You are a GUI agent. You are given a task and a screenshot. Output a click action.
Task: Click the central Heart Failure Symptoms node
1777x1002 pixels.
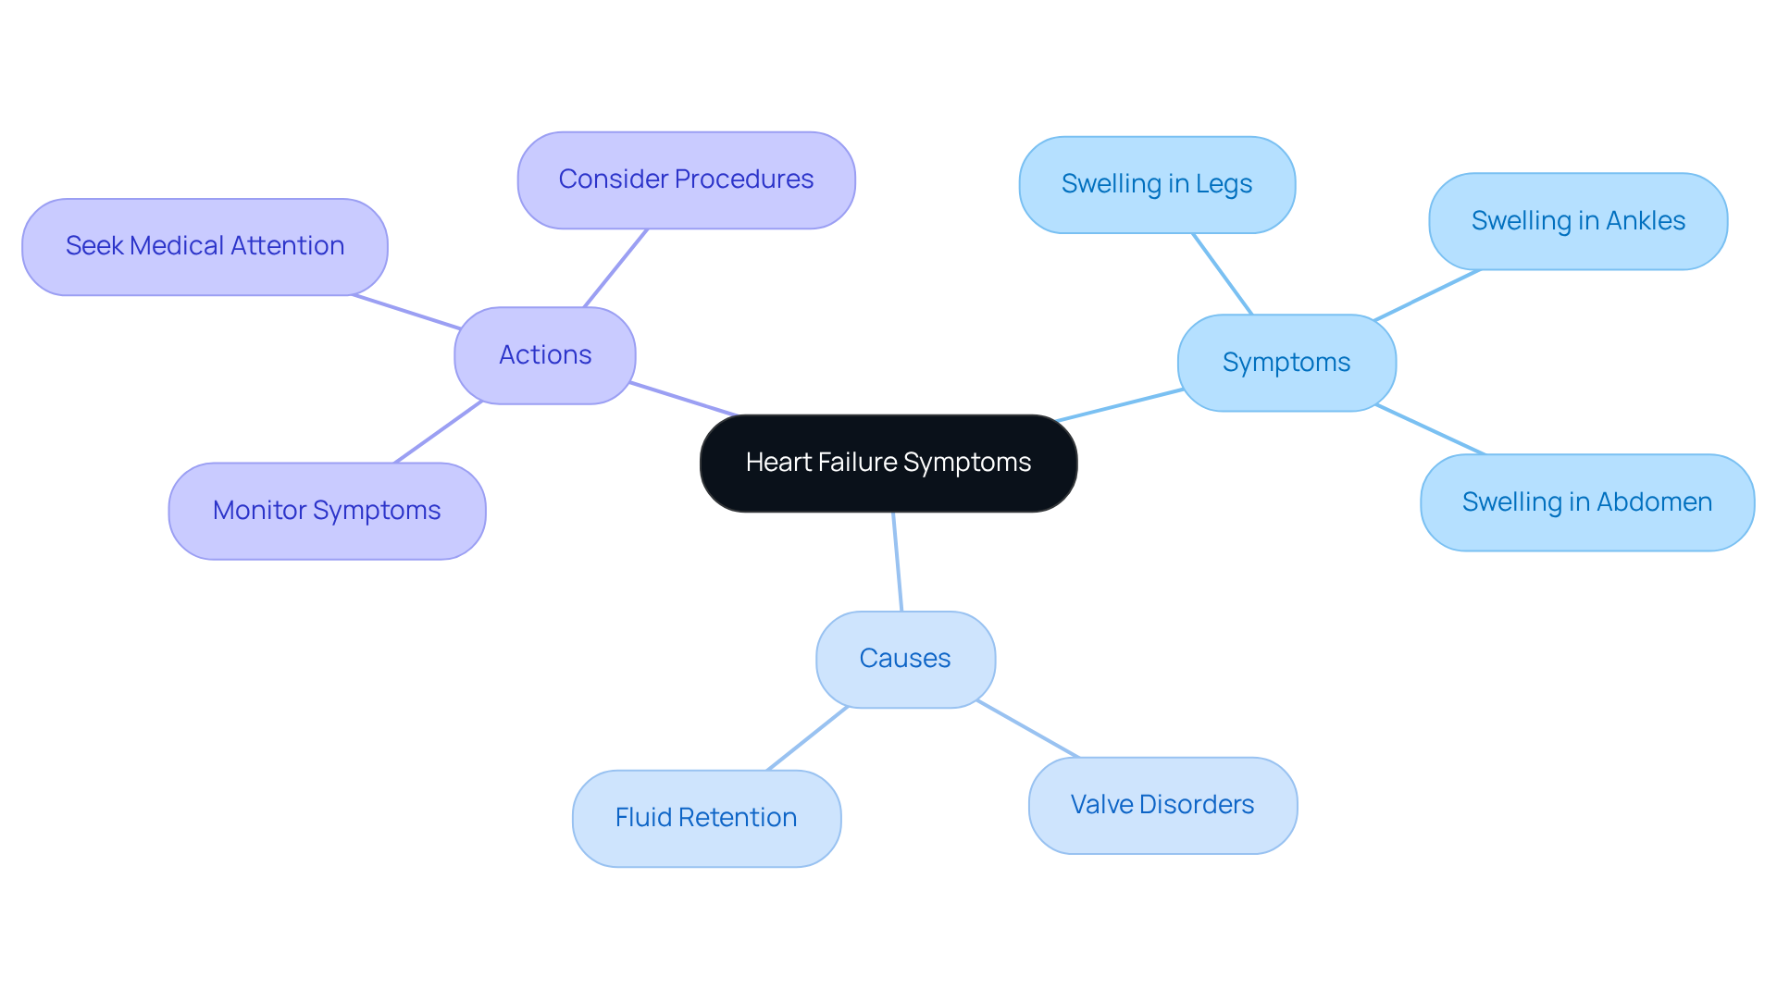(888, 463)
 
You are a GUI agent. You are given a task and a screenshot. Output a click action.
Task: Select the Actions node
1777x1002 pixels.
(545, 355)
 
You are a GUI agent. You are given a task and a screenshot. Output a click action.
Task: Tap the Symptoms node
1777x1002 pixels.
(1286, 363)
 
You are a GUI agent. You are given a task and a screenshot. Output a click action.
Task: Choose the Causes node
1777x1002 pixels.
(905, 659)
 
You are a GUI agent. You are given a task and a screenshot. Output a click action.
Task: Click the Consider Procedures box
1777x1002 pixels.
(686, 179)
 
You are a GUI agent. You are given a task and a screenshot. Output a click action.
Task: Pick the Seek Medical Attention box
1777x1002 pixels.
(205, 246)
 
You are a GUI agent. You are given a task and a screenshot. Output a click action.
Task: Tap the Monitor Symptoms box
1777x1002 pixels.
(327, 511)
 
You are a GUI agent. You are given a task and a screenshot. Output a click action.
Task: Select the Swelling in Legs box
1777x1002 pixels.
(1157, 184)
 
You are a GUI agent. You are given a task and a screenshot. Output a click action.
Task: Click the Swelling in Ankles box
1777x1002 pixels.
(1578, 221)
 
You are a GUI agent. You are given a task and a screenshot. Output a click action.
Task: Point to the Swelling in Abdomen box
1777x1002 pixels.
(1587, 502)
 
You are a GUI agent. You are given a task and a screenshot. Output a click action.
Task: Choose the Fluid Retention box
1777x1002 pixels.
(706, 818)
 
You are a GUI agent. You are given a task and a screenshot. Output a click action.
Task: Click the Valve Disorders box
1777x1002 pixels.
(1162, 805)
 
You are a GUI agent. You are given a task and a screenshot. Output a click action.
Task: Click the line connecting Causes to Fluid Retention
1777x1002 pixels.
(807, 738)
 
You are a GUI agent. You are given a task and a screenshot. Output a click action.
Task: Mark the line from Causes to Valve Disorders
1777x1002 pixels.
(1027, 729)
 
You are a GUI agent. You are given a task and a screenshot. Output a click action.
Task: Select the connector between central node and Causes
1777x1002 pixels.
(897, 561)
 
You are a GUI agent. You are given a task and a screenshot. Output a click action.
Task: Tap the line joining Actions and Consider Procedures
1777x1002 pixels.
(615, 268)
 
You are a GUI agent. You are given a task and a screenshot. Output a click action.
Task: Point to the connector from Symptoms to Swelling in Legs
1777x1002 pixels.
(1223, 274)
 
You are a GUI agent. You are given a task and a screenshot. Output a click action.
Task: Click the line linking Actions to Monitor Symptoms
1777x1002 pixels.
(438, 432)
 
